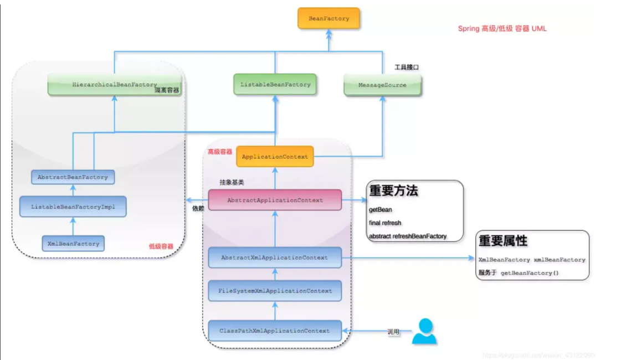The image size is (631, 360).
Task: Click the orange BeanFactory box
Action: pyautogui.click(x=329, y=19)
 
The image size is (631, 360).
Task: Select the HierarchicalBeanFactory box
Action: pyautogui.click(x=114, y=85)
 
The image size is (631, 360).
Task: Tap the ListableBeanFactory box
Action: pyautogui.click(x=275, y=85)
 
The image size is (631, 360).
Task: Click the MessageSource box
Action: pyautogui.click(x=382, y=85)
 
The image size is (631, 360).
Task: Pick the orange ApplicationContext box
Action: pyautogui.click(x=275, y=157)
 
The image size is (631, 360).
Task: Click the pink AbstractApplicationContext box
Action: pyautogui.click(x=275, y=200)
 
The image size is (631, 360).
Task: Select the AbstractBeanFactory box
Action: pyautogui.click(x=73, y=177)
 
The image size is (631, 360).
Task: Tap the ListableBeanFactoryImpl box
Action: pyautogui.click(x=73, y=207)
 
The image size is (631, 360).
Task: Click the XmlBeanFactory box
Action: pyautogui.click(x=73, y=244)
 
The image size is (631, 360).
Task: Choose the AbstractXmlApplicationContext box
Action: pyautogui.click(x=275, y=258)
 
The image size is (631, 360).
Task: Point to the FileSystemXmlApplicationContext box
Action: pyautogui.click(x=275, y=291)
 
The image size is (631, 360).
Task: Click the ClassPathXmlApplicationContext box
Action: pyautogui.click(x=275, y=331)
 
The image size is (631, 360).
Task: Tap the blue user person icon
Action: pyautogui.click(x=424, y=331)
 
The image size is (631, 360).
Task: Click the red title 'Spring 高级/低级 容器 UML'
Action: pyautogui.click(x=502, y=28)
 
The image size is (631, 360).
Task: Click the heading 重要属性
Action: pyautogui.click(x=503, y=241)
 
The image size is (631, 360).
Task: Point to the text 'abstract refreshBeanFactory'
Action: pyautogui.click(x=408, y=236)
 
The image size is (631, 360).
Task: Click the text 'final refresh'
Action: pyautogui.click(x=385, y=223)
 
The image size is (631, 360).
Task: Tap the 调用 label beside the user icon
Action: pyautogui.click(x=393, y=332)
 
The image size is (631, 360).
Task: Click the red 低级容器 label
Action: pyautogui.click(x=161, y=247)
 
